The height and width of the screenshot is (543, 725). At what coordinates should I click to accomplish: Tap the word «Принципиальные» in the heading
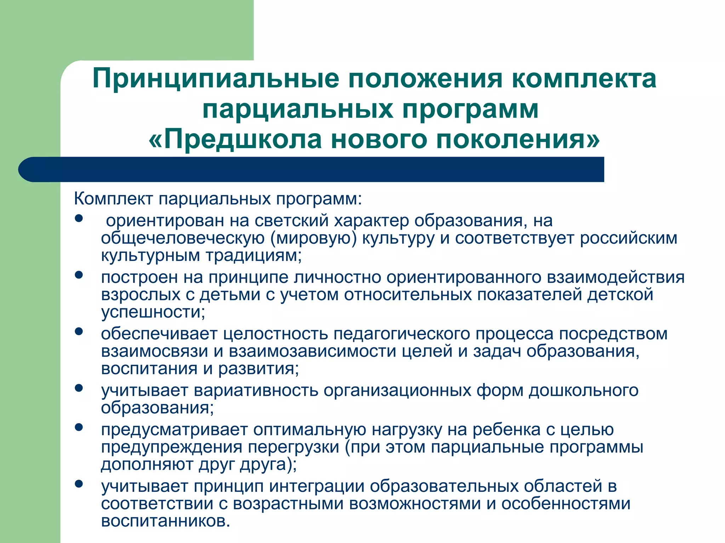tap(216, 78)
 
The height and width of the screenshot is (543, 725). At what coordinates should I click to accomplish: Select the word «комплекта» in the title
tap(584, 78)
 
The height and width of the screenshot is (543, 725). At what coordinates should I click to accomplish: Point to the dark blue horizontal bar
tap(312, 169)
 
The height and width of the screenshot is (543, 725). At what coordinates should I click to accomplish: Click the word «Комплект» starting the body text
tap(113, 199)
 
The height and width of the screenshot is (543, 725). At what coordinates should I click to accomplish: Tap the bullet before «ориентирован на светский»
tap(79, 218)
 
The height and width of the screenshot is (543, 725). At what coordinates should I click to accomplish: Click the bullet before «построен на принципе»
tap(79, 275)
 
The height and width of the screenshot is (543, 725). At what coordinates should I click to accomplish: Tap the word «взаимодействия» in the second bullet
tap(616, 277)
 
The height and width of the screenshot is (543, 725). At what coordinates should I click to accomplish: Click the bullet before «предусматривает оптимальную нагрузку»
tap(79, 427)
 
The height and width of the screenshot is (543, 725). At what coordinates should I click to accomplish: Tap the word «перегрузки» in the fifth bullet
tap(293, 447)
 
